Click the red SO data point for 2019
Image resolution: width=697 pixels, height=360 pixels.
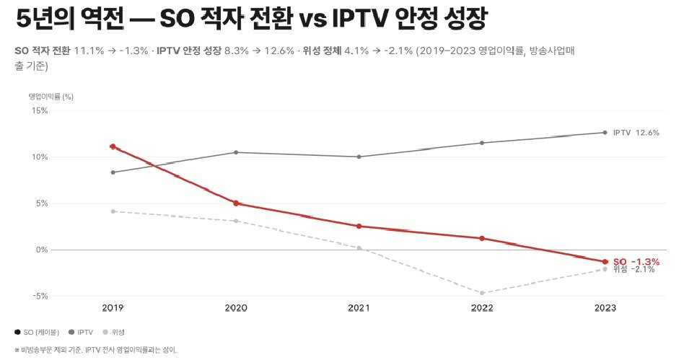tap(113, 146)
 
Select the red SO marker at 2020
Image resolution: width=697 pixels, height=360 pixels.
tap(236, 203)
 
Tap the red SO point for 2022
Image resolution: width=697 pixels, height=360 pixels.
tap(482, 238)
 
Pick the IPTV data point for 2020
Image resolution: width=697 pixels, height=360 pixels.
tap(236, 152)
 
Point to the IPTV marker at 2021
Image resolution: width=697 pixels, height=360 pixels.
tap(359, 157)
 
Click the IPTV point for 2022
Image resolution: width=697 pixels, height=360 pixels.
tap(482, 143)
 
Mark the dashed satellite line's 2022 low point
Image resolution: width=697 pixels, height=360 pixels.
tap(482, 293)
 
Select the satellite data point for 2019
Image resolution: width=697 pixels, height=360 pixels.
tap(113, 211)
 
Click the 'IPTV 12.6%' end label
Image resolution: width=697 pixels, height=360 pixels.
tap(636, 133)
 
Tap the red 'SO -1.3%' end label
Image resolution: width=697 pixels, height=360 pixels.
tap(636, 261)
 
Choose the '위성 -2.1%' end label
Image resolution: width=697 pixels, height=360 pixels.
tap(633, 270)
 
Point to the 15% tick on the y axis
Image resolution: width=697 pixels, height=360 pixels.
tap(38, 110)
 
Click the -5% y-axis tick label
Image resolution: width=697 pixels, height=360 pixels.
tap(38, 296)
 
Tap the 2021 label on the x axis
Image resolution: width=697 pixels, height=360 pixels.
tap(359, 308)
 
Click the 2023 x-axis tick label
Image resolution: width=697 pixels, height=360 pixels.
tap(605, 308)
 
